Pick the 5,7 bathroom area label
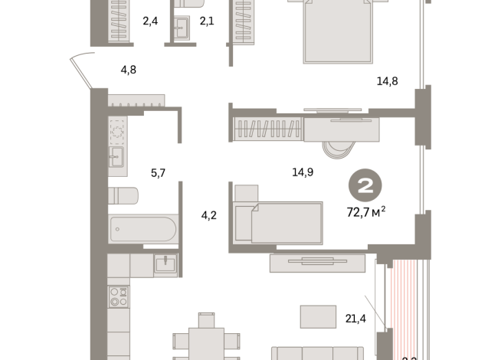pyautogui.click(x=158, y=173)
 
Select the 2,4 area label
pyautogui.click(x=150, y=21)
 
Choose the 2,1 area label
pyautogui.click(x=206, y=21)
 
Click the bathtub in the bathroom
pyautogui.click(x=143, y=228)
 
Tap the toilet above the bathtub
pyautogui.click(x=123, y=196)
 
